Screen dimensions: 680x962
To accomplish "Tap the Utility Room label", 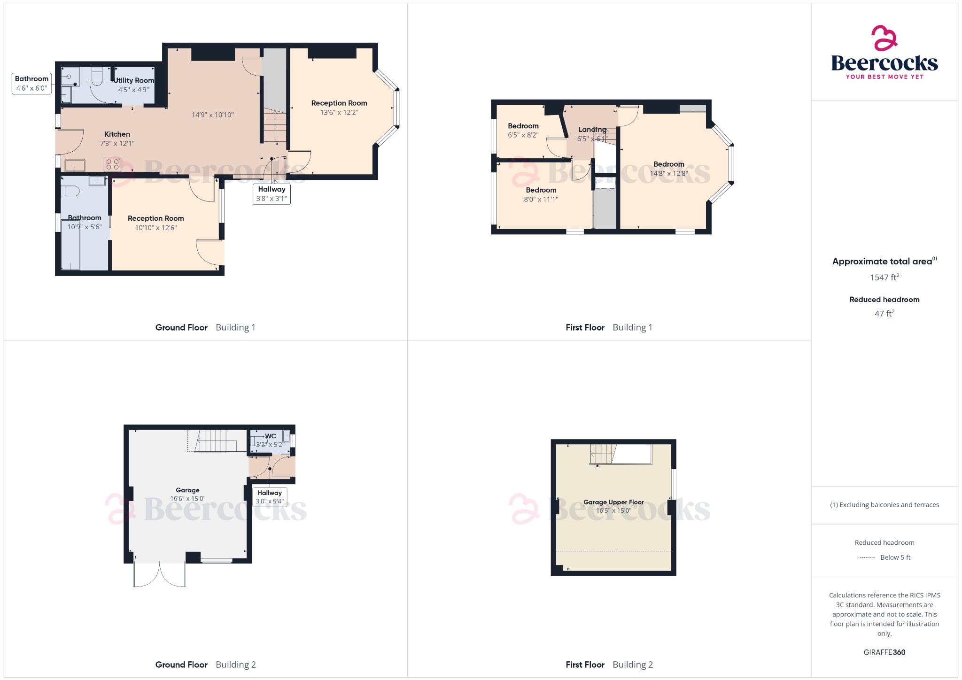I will tap(134, 80).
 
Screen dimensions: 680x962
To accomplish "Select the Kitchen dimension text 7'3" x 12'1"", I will tap(117, 144).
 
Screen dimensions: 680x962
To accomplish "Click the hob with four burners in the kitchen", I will tap(113, 164).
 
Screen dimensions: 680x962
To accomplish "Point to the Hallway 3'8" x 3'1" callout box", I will tap(272, 194).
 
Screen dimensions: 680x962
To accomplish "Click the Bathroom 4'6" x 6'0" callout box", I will tap(31, 84).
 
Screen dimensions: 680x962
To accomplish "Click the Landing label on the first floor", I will tap(592, 130).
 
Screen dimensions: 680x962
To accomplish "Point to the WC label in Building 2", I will tap(271, 436).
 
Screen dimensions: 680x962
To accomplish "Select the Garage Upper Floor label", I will tap(613, 502).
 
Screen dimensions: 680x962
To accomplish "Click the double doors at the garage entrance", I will tap(160, 574).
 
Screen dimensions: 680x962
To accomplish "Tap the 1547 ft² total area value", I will tap(884, 278).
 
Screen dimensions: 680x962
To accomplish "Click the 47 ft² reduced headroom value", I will tap(884, 314).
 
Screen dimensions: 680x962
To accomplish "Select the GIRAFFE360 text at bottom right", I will tap(884, 652).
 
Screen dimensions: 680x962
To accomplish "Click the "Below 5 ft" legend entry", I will tap(895, 557).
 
